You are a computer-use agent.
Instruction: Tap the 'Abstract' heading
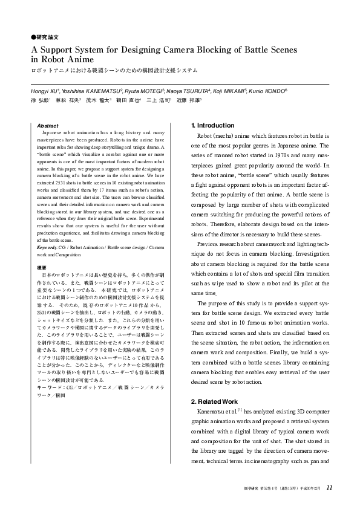click(48, 125)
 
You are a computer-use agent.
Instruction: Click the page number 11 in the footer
click(329, 487)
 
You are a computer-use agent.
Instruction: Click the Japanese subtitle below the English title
click(114, 70)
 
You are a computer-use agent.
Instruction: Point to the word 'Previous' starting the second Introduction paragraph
click(210, 244)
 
